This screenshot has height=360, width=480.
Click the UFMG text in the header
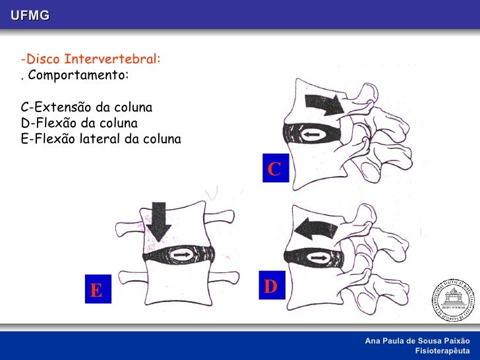coord(30,15)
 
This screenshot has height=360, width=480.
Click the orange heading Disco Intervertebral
coord(90,59)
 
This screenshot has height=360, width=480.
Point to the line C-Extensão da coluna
coord(86,107)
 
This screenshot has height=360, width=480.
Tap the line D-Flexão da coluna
coord(79,123)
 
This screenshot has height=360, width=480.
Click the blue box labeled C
coord(274,168)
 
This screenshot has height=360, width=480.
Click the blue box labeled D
coord(270,285)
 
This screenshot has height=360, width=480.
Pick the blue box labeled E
coord(96,289)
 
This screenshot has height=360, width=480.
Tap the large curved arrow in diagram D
coord(315,229)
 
